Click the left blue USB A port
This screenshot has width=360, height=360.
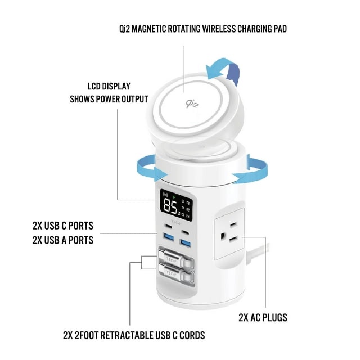pos(168,238)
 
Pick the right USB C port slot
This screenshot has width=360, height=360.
pos(185,231)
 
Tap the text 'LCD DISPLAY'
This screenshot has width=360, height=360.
pos(109,86)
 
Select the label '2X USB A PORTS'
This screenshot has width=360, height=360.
pos(63,240)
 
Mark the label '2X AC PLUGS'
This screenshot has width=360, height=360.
pos(263,317)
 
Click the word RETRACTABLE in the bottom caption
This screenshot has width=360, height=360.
pos(137,336)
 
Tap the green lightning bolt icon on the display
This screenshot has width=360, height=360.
pos(174,196)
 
